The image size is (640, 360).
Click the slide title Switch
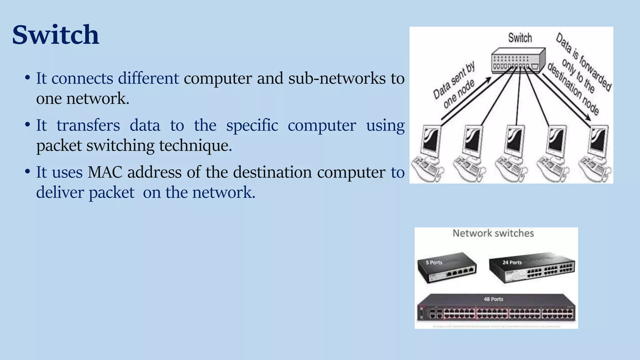(56, 35)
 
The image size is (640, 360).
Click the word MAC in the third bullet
(105, 172)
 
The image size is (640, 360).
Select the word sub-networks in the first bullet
(337, 78)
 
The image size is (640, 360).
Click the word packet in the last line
(112, 192)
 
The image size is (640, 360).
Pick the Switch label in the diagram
(520, 38)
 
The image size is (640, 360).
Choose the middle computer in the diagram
(512, 153)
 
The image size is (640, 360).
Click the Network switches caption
(493, 233)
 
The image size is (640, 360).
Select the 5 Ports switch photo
(447, 267)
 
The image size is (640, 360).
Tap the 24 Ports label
(512, 262)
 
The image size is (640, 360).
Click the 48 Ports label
(493, 299)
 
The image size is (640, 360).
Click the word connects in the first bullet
(82, 78)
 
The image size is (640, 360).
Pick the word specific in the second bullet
(252, 125)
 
